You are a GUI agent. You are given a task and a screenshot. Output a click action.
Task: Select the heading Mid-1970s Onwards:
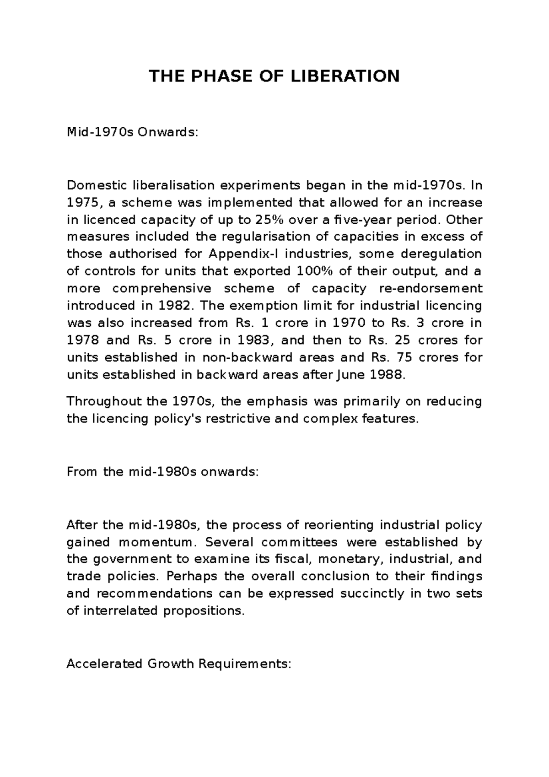[133, 133]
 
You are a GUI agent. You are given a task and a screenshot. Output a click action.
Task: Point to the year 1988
[388, 375]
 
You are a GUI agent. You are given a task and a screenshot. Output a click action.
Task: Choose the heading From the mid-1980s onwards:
[162, 472]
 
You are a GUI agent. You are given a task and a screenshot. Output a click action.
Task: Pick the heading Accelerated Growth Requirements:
[179, 664]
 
